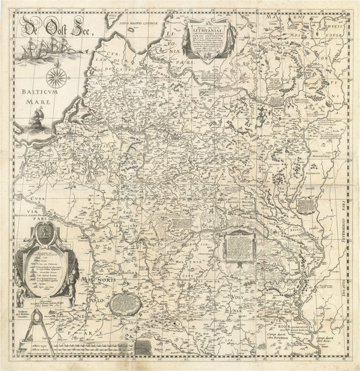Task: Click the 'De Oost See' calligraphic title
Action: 59,28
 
